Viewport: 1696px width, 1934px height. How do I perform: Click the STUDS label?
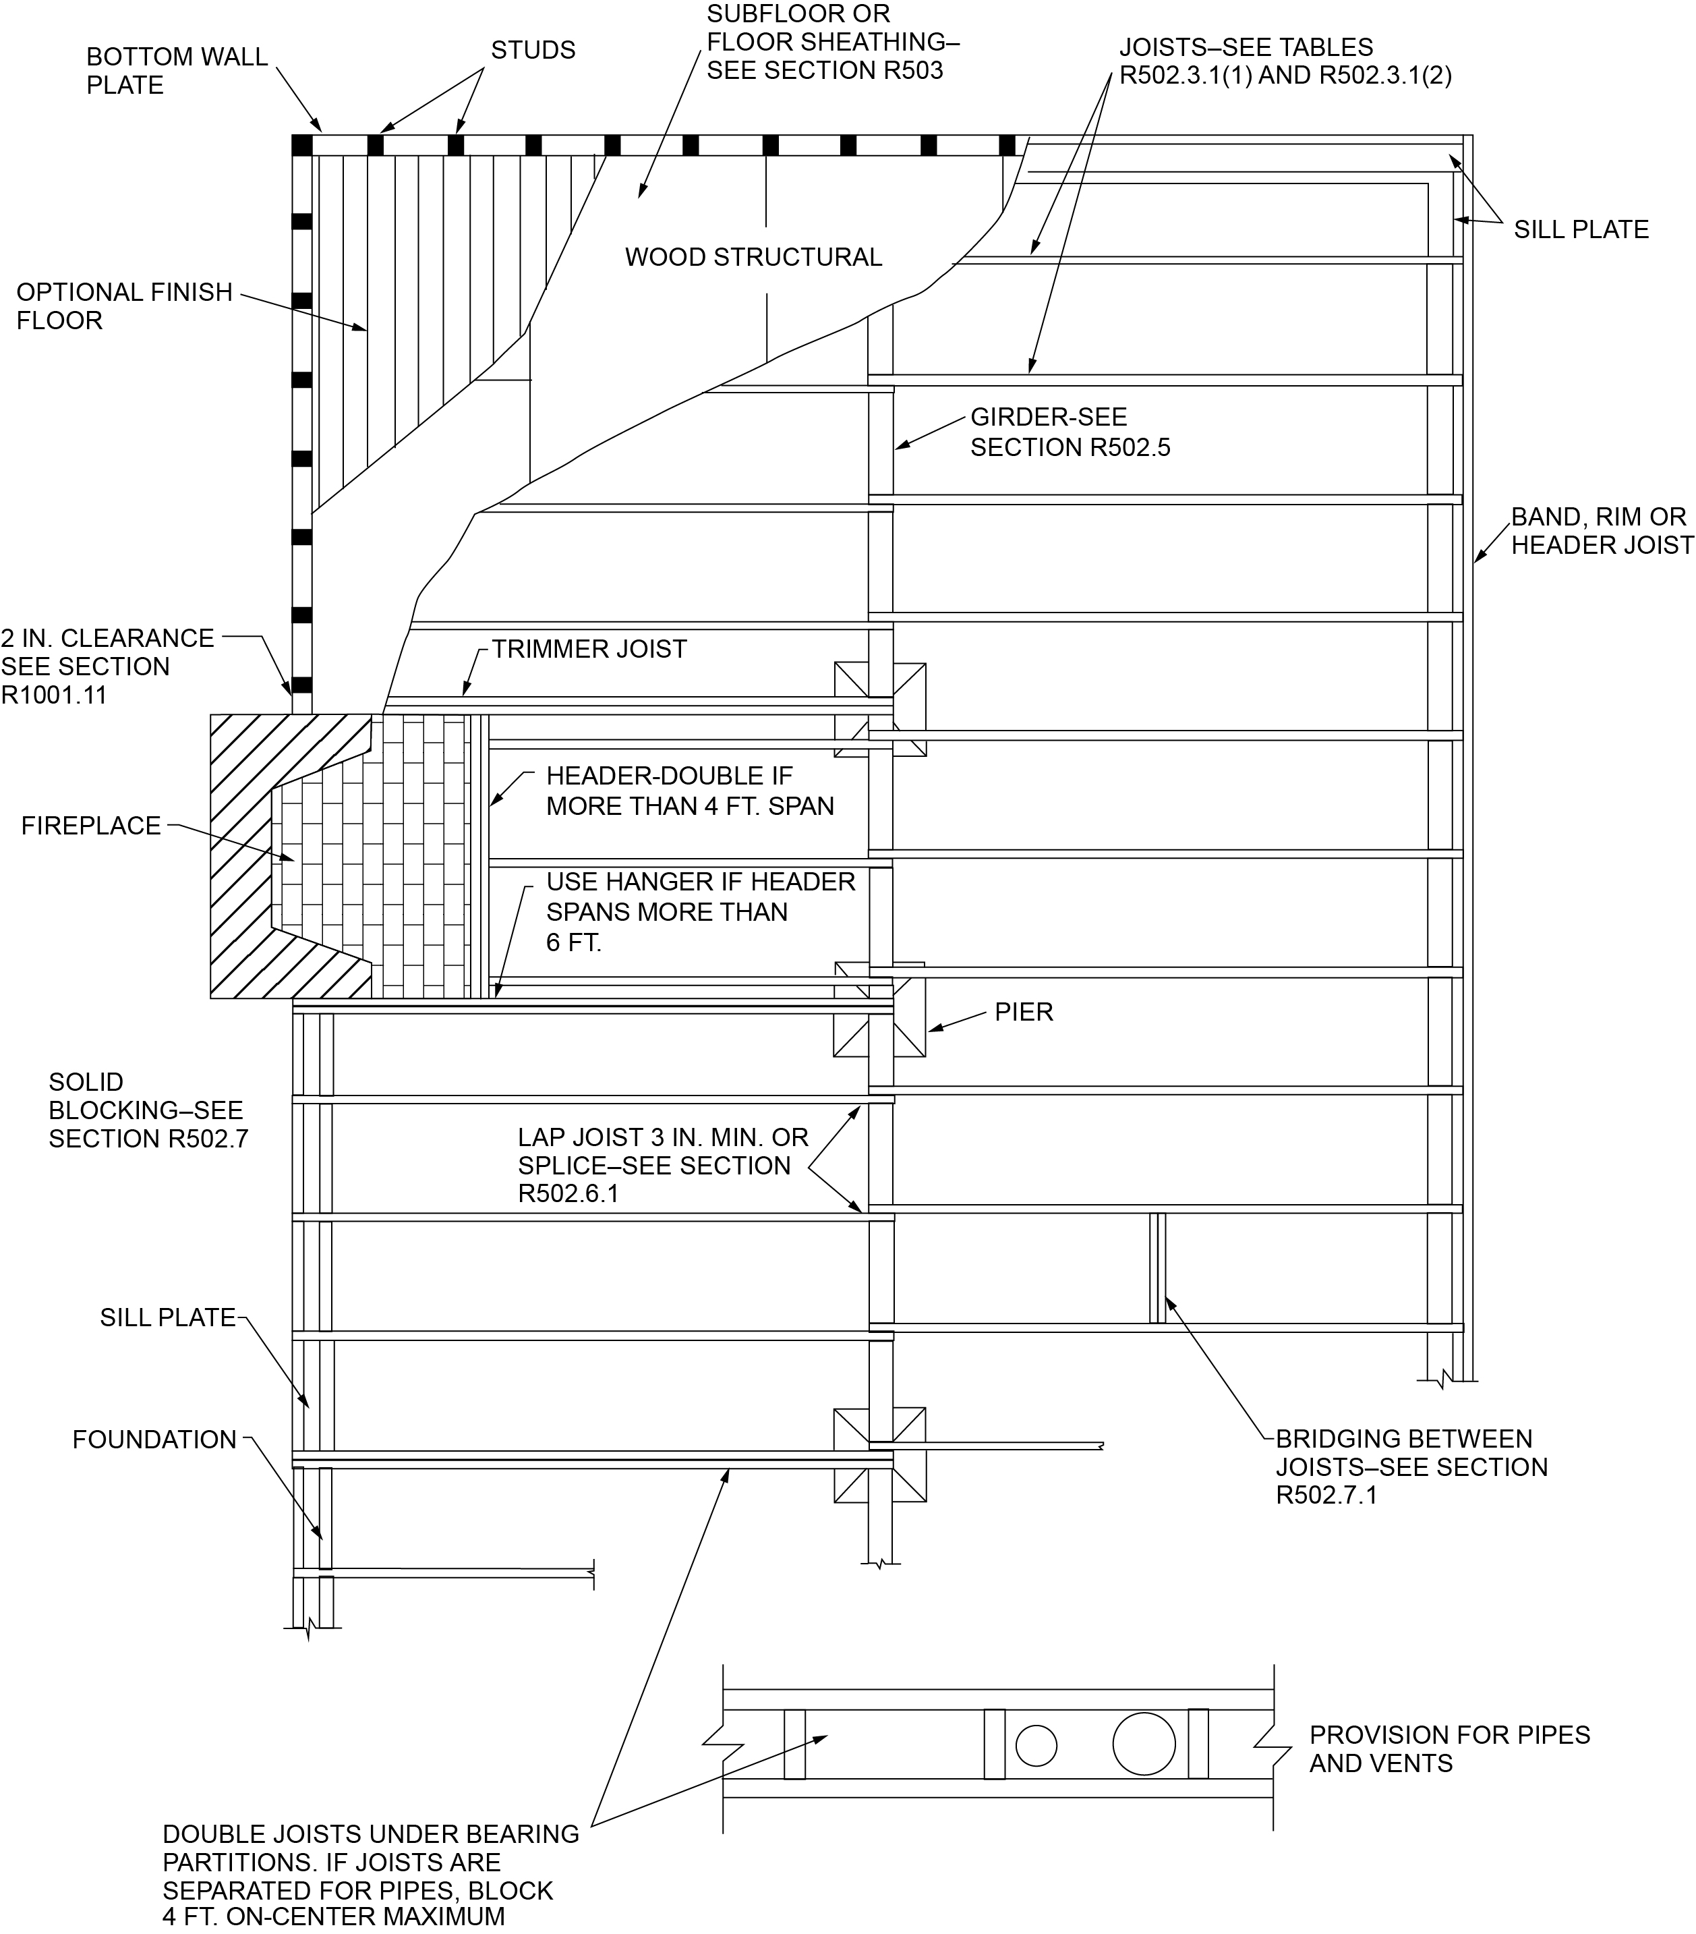(533, 50)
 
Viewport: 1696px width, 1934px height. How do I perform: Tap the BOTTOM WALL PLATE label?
(177, 71)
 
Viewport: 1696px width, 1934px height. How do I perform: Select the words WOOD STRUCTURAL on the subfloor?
(753, 258)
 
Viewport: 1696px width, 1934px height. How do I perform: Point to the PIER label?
(1024, 1013)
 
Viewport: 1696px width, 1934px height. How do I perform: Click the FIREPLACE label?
(91, 826)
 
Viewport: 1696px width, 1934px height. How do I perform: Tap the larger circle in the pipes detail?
(1144, 1743)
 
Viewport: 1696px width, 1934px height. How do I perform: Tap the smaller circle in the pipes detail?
(1036, 1746)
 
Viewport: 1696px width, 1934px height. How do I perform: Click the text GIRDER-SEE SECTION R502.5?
(1069, 432)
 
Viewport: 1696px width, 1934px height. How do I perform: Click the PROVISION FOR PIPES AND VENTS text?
(1448, 1748)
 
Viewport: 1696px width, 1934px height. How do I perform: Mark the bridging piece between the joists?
(1157, 1268)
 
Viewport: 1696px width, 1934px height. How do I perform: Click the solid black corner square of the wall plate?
(301, 145)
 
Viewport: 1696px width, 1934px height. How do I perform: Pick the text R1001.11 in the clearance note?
(54, 695)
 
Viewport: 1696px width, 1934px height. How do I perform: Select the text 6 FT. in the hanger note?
(573, 942)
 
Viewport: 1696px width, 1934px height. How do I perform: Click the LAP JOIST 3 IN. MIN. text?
(662, 1137)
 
